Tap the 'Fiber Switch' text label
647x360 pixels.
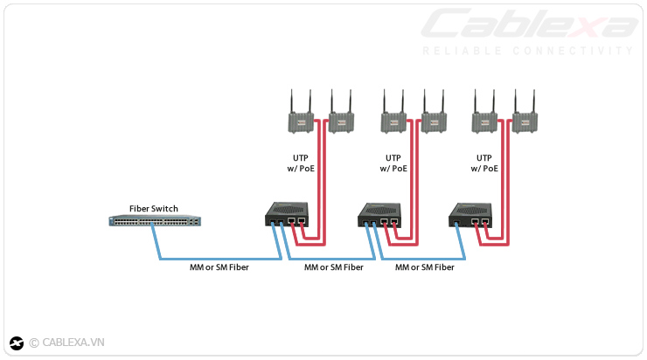[x=154, y=208]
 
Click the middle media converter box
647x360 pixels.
[x=380, y=215]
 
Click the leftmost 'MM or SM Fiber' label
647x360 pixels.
[x=219, y=267]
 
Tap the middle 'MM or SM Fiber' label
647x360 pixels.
[x=333, y=267]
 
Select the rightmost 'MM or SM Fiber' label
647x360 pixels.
[x=424, y=267]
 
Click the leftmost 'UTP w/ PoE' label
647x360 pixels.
[x=300, y=163]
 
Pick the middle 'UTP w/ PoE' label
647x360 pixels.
[x=393, y=163]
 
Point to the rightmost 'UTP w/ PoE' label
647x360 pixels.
[x=484, y=163]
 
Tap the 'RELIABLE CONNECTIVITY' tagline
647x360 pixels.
[x=527, y=51]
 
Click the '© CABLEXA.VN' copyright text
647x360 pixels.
[x=66, y=343]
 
